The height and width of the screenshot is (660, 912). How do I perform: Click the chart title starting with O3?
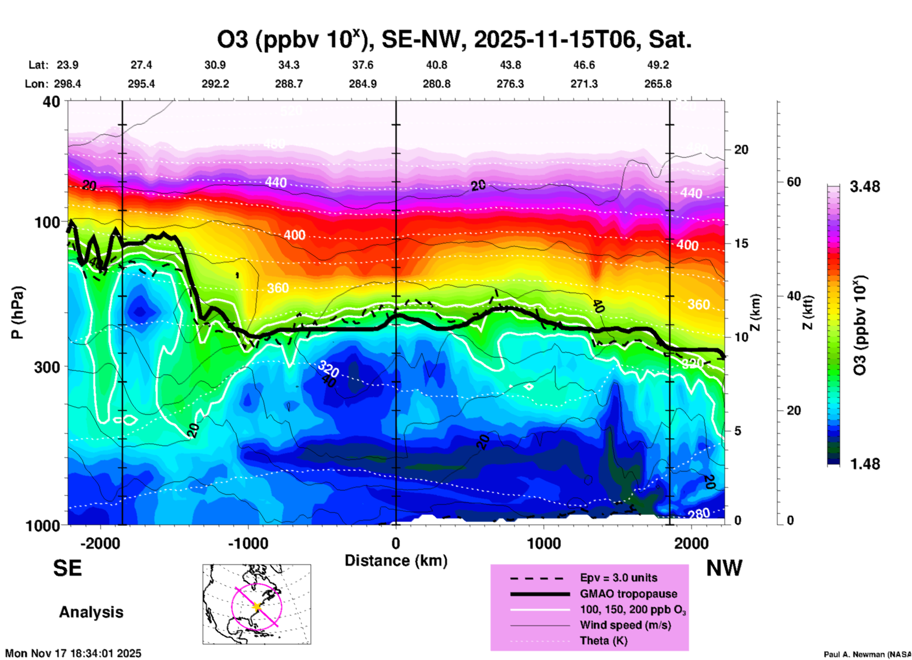click(454, 40)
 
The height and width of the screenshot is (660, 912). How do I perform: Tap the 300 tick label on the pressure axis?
click(47, 367)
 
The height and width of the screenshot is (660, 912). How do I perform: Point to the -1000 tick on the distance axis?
click(248, 543)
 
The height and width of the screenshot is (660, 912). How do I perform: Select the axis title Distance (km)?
click(396, 561)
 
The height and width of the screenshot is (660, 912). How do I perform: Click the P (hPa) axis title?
click(18, 312)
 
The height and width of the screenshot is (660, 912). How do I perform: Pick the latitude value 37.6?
click(363, 65)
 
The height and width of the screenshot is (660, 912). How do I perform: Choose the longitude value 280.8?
click(436, 84)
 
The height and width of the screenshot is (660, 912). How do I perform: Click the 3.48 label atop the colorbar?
click(865, 187)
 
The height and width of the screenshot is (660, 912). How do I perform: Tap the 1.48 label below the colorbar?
click(865, 464)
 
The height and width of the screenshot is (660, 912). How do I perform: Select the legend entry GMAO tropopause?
click(628, 594)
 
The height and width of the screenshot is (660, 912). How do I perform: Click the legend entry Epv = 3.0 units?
click(618, 578)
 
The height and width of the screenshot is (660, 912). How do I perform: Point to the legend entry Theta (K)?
click(603, 641)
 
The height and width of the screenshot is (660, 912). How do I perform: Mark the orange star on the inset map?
click(257, 606)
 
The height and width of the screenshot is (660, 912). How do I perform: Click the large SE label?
click(67, 568)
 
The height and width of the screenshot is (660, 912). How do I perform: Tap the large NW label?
click(724, 568)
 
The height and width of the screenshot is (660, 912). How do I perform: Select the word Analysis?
click(91, 612)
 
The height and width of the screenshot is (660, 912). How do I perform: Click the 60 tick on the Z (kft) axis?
click(794, 182)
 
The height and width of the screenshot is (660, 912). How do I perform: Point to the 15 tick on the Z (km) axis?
click(741, 243)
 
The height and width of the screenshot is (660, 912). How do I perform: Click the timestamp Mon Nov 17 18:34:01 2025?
click(73, 653)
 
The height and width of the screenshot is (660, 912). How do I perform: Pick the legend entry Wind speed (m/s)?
click(625, 625)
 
